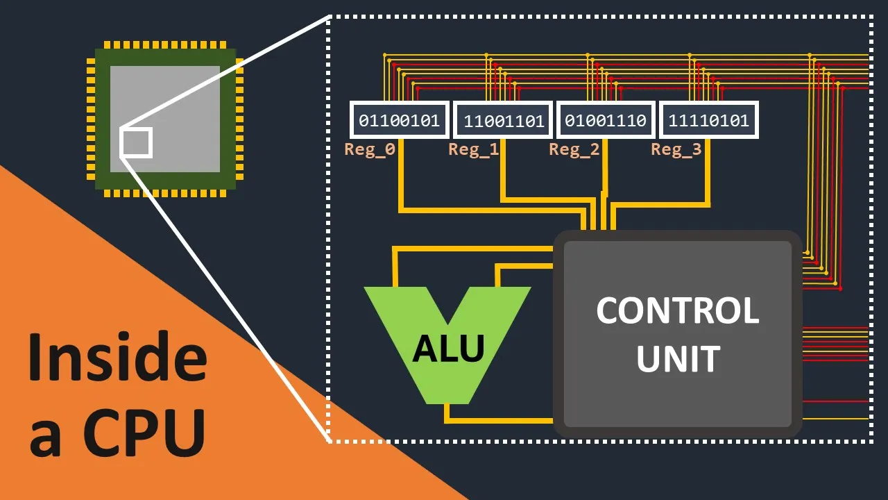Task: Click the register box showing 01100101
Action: coord(400,120)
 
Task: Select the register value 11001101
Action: coord(503,121)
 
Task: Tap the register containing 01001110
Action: coord(605,120)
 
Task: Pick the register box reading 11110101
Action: coord(708,120)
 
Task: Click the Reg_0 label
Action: coord(369,149)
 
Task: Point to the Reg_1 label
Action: coord(473,149)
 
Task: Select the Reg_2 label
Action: coord(574,149)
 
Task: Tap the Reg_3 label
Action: coord(676,149)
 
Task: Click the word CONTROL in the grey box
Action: coord(677,310)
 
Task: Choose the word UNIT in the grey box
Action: coord(677,359)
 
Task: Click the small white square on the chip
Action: coord(136,142)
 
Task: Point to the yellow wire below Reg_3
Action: coord(708,177)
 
